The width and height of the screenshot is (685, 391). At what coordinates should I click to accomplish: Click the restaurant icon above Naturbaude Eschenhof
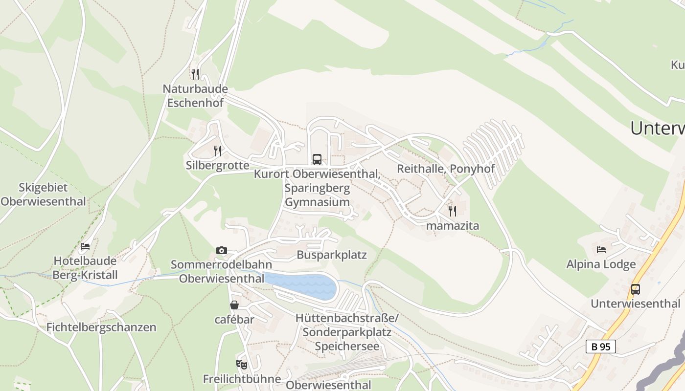click(195, 74)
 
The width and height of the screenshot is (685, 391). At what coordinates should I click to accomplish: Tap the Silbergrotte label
click(217, 165)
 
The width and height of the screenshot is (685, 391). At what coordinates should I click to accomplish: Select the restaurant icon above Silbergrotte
click(218, 151)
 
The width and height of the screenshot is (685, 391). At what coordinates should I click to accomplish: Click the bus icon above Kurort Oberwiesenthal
click(317, 159)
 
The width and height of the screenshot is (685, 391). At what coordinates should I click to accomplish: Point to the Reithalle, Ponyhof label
click(446, 169)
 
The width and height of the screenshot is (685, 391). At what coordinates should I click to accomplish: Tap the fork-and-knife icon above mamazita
click(453, 211)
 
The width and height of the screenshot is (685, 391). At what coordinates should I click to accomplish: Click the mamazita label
click(453, 226)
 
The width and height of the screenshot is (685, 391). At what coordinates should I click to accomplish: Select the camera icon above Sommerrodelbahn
click(221, 251)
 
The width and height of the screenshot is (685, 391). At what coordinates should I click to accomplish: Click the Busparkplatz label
click(332, 255)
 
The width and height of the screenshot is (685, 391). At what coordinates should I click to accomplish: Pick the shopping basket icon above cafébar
click(234, 305)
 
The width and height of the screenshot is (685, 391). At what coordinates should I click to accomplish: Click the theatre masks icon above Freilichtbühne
click(242, 364)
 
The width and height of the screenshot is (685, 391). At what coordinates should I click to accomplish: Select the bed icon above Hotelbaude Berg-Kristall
click(85, 246)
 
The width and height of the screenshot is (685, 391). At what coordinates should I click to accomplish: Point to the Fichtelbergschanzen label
click(101, 327)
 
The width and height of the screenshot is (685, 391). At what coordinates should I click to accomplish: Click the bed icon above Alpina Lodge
click(601, 250)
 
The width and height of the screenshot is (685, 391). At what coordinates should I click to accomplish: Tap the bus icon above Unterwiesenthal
click(636, 289)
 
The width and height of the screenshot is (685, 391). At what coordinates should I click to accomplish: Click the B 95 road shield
click(600, 347)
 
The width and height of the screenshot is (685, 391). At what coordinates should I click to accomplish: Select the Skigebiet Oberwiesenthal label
click(43, 194)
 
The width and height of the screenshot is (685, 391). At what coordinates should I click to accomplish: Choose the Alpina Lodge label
click(601, 264)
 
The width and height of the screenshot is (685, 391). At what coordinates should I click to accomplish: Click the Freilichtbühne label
click(242, 379)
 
